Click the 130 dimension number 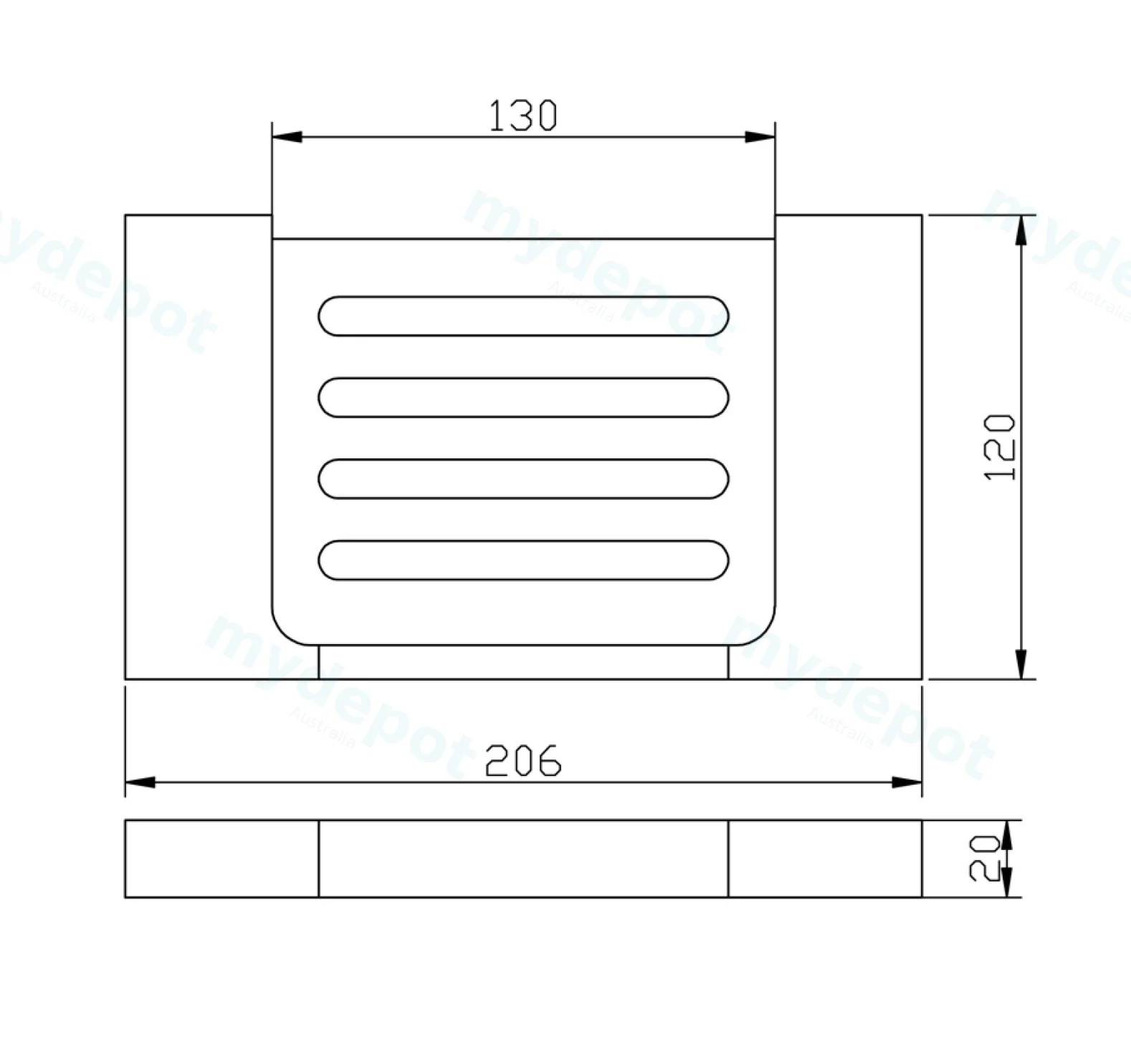coord(522,116)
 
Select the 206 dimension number coord(523,761)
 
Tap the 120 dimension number coord(1001,448)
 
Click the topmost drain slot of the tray coord(523,316)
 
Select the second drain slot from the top coord(523,397)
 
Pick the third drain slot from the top coord(523,478)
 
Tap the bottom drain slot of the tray coord(523,560)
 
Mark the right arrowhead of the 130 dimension coord(760,137)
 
